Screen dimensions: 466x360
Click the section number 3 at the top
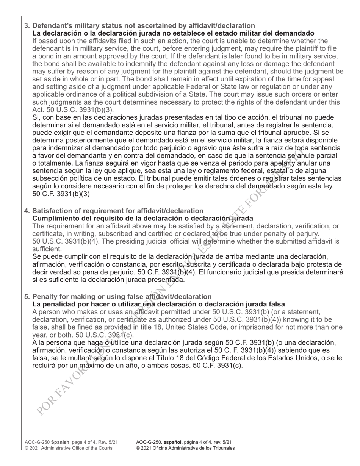coord(27,26)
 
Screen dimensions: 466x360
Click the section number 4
coord(27,211)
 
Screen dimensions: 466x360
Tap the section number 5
coord(27,297)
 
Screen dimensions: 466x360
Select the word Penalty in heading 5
coord(45,297)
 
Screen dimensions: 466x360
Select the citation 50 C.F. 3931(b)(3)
coord(61,194)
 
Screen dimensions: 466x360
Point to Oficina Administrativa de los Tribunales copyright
coord(185,448)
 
